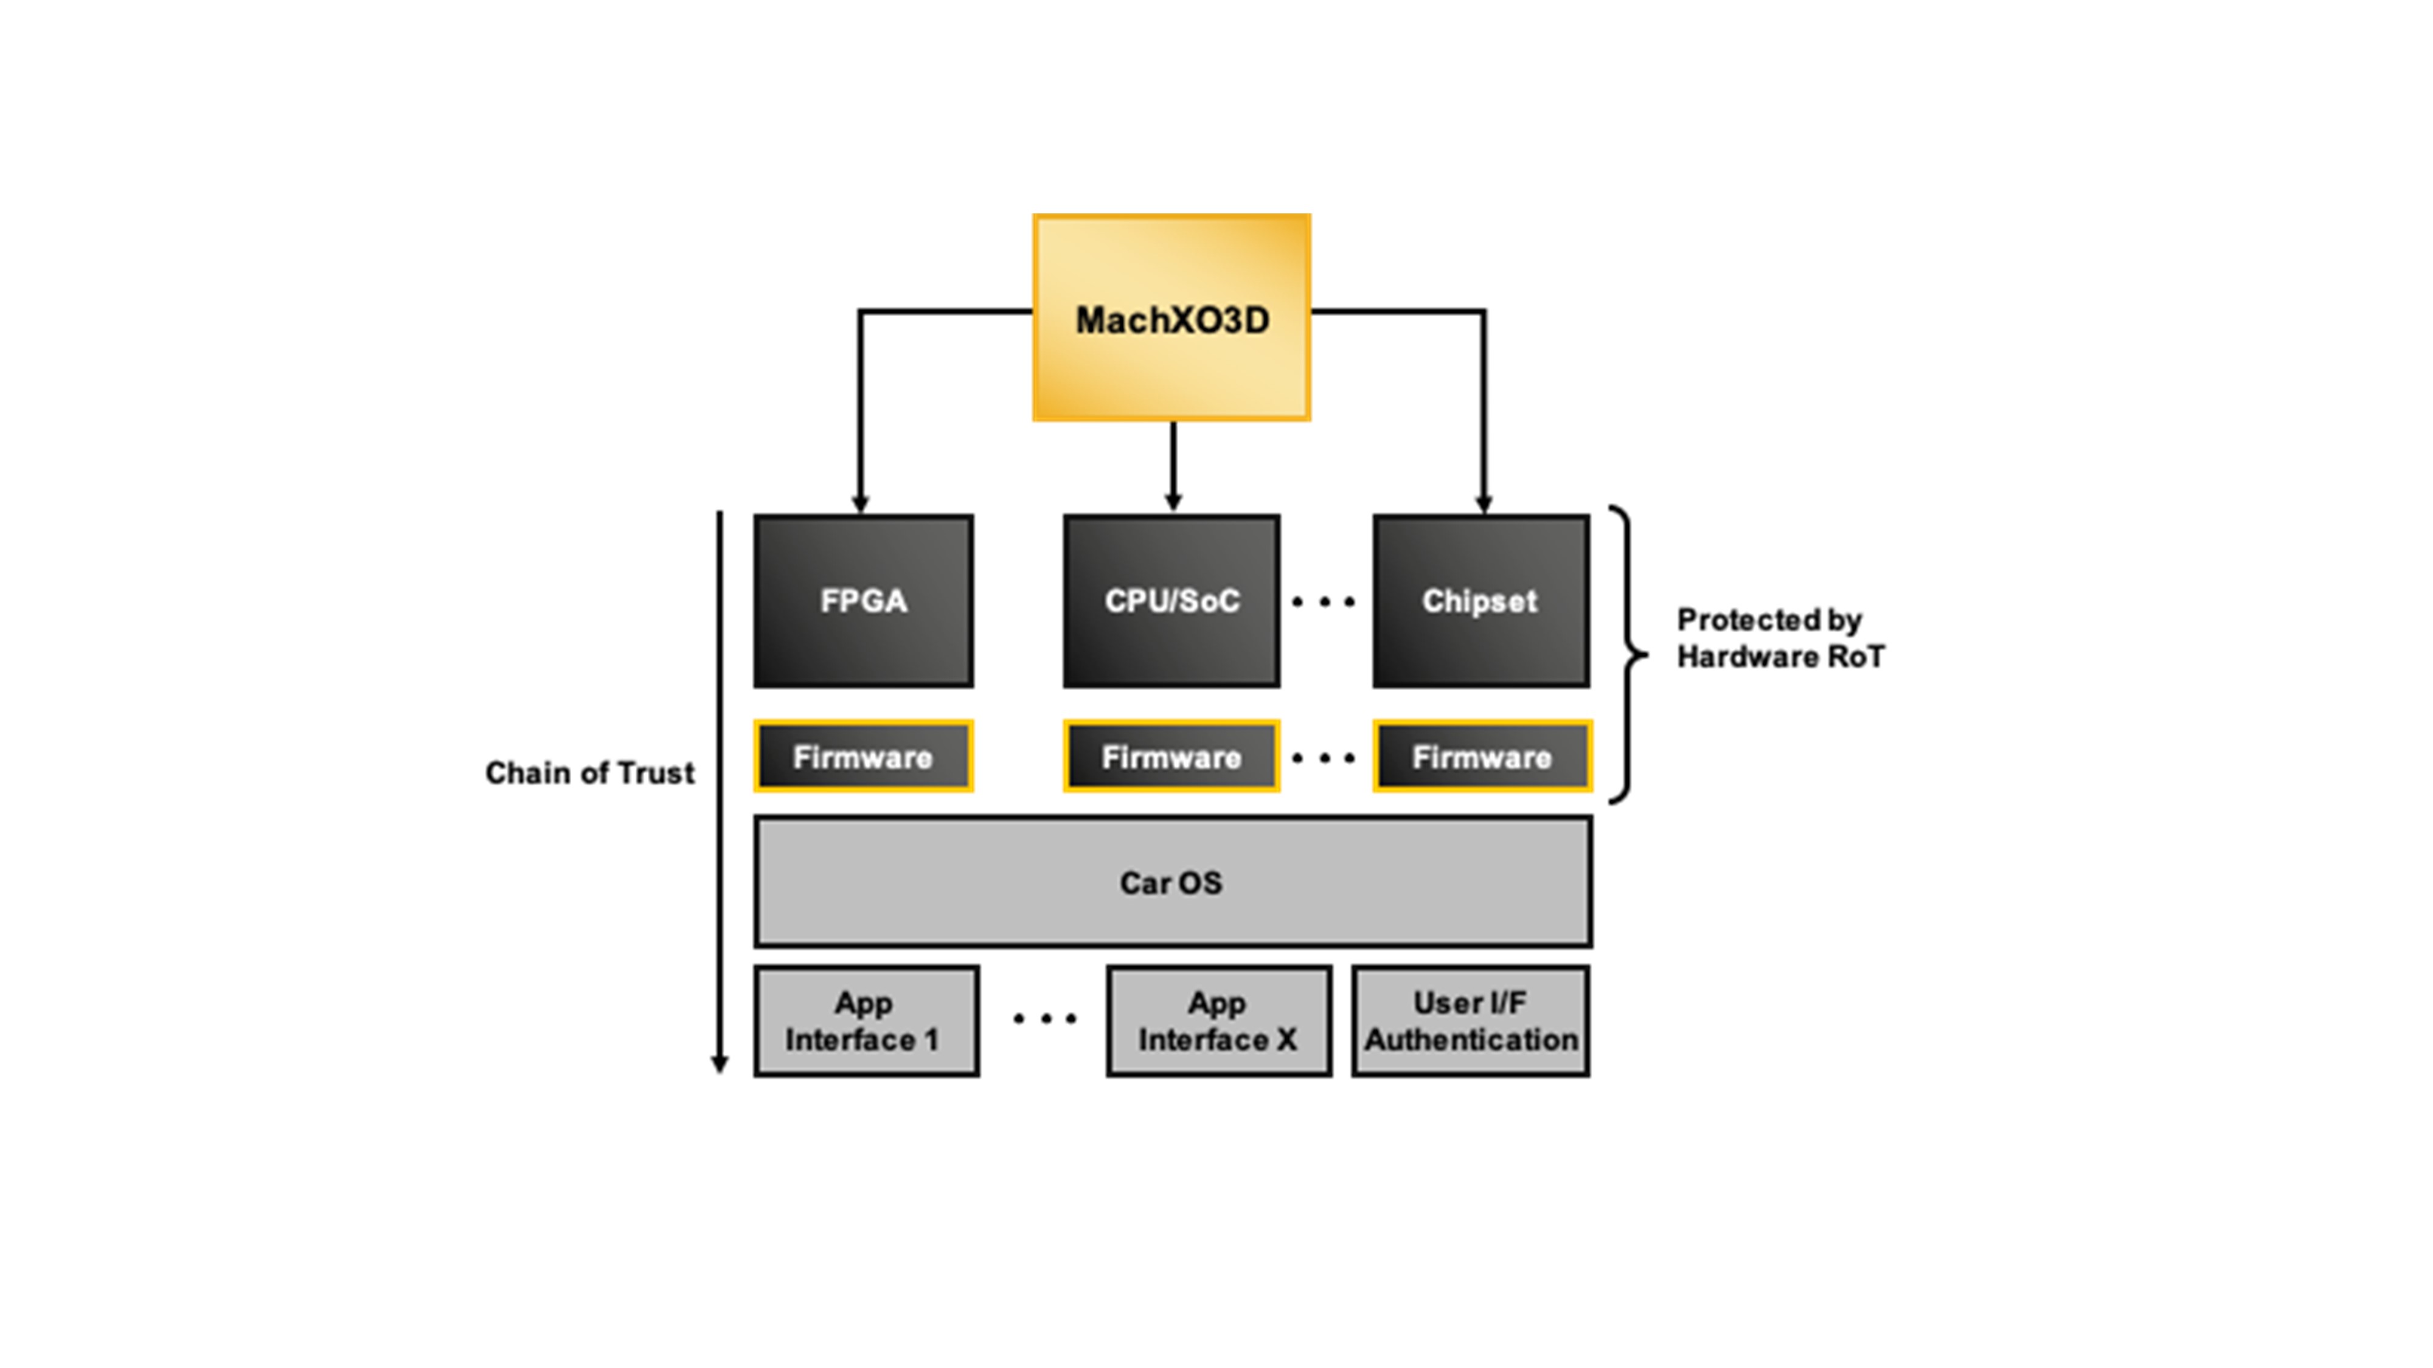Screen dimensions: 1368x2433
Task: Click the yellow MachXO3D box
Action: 1171,317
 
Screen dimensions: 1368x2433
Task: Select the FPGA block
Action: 863,601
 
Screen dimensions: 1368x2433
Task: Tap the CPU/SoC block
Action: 1171,601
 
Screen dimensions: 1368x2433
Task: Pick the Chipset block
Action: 1480,601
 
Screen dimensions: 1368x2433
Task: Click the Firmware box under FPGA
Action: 863,756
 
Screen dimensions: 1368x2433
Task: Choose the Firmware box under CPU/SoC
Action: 1171,756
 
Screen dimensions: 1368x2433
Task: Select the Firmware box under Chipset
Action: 1482,756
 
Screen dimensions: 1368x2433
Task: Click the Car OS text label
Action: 1171,883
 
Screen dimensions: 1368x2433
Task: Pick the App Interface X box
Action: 1218,1021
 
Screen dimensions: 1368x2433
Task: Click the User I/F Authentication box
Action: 1471,1021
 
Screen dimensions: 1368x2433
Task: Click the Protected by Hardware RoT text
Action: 1779,638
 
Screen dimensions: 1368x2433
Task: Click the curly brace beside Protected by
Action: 1630,654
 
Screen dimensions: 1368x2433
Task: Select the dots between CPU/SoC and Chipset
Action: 1323,601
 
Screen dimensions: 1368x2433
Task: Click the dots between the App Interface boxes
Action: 1044,1018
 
